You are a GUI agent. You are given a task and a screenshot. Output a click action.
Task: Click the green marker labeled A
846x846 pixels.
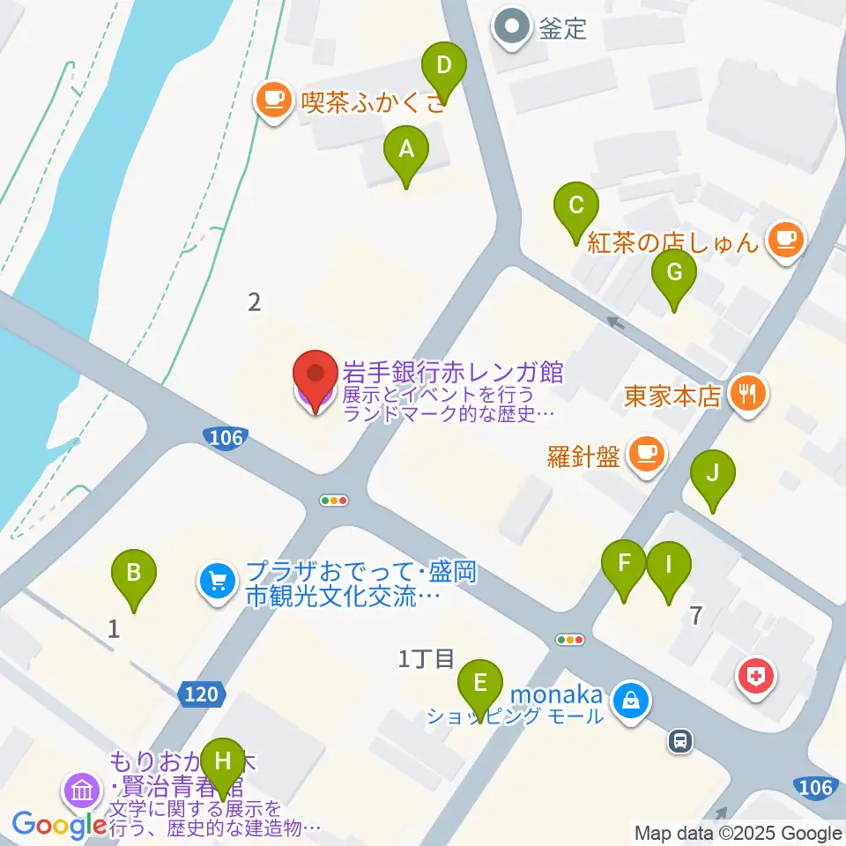point(405,151)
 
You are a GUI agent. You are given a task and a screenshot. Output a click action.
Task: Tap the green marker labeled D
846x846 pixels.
point(443,66)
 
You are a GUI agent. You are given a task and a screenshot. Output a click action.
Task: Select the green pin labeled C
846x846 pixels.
point(575,207)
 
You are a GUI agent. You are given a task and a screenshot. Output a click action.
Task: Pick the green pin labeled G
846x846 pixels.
point(673,273)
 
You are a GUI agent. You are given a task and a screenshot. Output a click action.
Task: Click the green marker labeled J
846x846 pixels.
point(712,474)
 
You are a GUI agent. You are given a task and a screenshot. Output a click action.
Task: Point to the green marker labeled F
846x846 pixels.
point(624,564)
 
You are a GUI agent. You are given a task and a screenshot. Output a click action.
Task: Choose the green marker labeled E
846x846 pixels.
point(479,685)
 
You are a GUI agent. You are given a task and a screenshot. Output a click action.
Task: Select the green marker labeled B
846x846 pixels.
point(134,575)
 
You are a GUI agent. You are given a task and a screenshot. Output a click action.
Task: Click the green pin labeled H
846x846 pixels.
point(223,761)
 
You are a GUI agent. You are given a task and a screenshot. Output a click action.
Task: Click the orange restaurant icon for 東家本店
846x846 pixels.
point(749,394)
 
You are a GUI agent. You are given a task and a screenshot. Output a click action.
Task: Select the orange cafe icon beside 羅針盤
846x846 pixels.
point(647,456)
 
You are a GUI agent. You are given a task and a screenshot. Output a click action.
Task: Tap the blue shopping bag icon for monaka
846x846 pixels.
point(631,702)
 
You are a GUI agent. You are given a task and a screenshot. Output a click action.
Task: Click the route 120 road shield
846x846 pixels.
point(202,694)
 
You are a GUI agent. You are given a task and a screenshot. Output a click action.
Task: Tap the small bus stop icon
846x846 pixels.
point(679,741)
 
